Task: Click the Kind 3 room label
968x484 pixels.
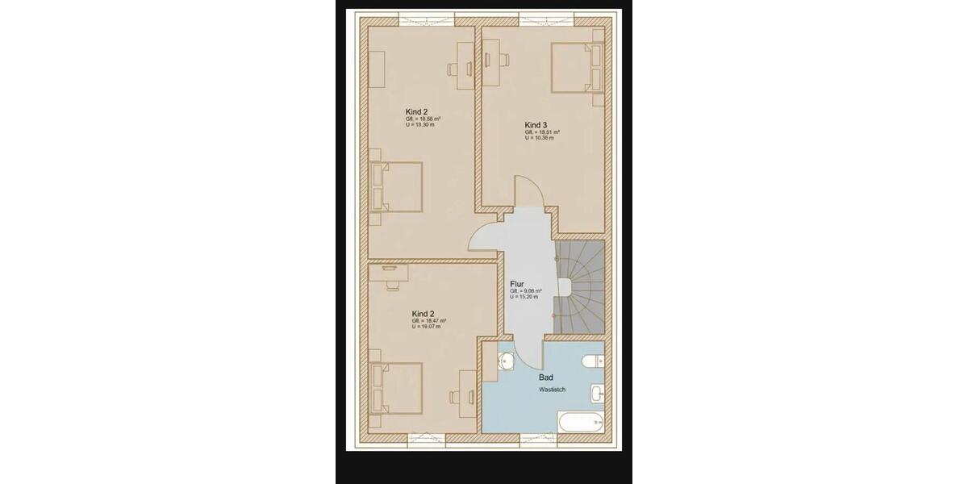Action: click(x=536, y=125)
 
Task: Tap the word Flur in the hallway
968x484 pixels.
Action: click(x=517, y=284)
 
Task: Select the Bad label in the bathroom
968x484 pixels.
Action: click(x=545, y=377)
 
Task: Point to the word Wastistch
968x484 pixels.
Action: click(x=553, y=390)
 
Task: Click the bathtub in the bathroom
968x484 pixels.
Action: click(x=581, y=421)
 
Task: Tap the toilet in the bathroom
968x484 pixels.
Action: click(x=594, y=361)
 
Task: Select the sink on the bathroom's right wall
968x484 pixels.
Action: click(x=597, y=393)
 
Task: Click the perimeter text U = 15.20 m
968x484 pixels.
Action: click(x=526, y=297)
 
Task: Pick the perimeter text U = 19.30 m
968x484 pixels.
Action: click(x=422, y=124)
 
